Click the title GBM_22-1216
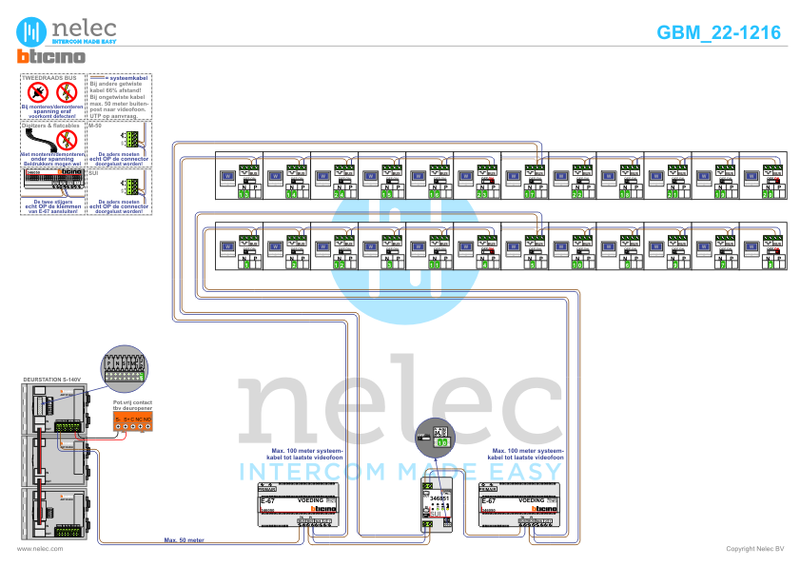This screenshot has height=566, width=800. tap(718, 32)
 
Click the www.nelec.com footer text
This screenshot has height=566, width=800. tap(40, 549)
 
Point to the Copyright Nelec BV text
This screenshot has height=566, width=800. tap(754, 549)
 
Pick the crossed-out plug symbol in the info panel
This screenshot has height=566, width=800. tap(38, 92)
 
